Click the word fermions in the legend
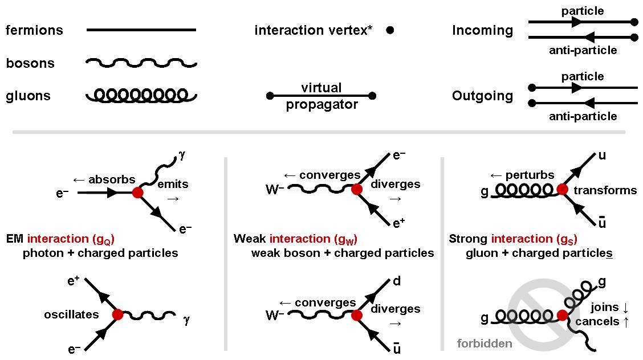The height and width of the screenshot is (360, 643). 34,30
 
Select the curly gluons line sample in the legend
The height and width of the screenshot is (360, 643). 141,96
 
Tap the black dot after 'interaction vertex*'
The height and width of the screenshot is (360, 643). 390,30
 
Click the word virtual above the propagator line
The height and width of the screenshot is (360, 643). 321,88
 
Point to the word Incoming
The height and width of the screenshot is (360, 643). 482,30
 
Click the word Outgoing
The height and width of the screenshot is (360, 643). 482,96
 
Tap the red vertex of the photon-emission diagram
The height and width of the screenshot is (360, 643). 138,192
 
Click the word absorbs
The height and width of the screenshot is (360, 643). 112,179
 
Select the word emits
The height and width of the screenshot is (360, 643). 173,185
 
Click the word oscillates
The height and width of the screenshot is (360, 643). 71,314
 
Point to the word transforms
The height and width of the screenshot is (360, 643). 605,190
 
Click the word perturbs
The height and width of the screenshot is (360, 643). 530,175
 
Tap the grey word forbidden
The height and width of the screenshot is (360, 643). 485,343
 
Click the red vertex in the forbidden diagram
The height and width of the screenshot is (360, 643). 562,315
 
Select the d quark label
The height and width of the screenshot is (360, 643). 397,281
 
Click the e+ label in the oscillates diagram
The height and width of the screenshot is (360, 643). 74,281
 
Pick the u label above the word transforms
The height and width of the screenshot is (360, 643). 602,156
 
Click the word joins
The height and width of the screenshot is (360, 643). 604,308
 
